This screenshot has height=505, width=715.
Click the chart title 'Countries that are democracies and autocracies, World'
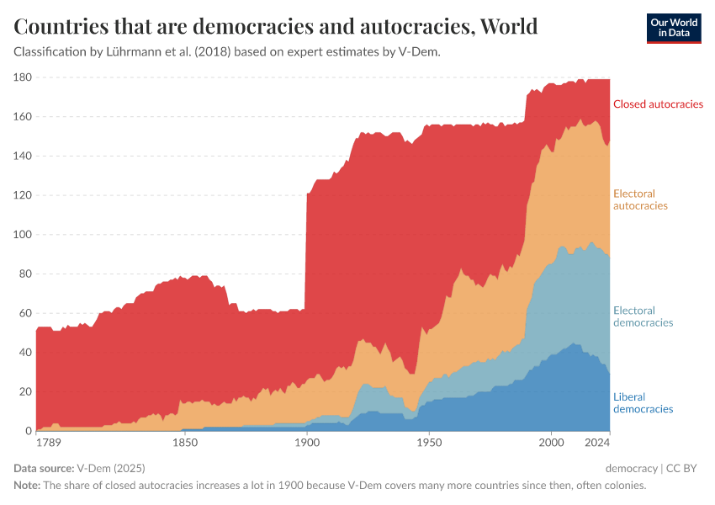[276, 27]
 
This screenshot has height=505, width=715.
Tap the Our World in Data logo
[673, 28]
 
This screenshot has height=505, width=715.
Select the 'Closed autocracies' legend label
[657, 104]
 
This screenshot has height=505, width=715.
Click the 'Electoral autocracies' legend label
[640, 199]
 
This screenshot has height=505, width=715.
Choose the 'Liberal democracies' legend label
[643, 402]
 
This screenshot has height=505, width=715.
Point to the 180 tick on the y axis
[23, 77]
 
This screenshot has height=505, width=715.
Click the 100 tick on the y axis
[23, 235]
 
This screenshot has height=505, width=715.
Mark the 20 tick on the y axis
[25, 392]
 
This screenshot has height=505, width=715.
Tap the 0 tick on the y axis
[28, 431]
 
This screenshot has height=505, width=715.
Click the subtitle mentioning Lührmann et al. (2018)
[227, 52]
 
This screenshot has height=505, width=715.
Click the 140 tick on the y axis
[23, 157]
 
